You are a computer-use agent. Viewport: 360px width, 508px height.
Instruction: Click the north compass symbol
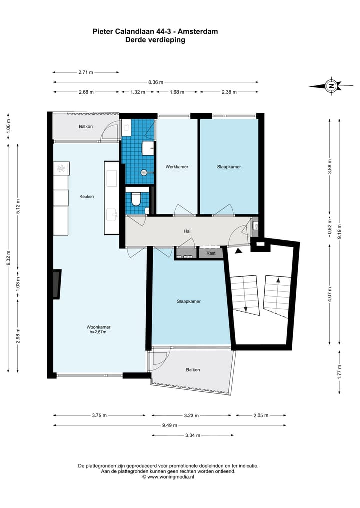[x=331, y=86]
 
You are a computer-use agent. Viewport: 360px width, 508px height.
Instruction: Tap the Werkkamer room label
[x=177, y=167]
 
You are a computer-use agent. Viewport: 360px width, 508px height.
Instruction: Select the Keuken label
[x=87, y=196]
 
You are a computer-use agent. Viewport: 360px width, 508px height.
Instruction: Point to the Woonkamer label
[x=98, y=327]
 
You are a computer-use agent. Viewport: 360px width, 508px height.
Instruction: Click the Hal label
[x=187, y=231]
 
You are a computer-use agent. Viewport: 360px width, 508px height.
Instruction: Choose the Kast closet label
[x=211, y=253]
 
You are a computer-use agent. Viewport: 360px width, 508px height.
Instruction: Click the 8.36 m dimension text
[x=156, y=82]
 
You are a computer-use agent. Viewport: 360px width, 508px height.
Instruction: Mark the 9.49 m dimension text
[x=170, y=425]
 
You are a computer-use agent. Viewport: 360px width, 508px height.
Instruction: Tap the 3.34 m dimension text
[x=193, y=435]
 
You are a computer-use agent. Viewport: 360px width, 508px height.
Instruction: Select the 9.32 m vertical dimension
[x=9, y=258]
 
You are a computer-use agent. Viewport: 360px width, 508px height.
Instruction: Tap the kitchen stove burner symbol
[x=61, y=168]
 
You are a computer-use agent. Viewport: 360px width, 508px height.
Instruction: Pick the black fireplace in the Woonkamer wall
[x=57, y=284]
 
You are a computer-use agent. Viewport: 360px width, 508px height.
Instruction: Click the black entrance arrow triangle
[x=238, y=250]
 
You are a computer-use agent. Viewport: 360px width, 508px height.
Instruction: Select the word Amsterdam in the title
[x=198, y=31]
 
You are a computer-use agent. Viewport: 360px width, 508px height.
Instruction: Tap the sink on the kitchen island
[x=112, y=214]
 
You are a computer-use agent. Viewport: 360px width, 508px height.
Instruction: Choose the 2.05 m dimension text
[x=261, y=415]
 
